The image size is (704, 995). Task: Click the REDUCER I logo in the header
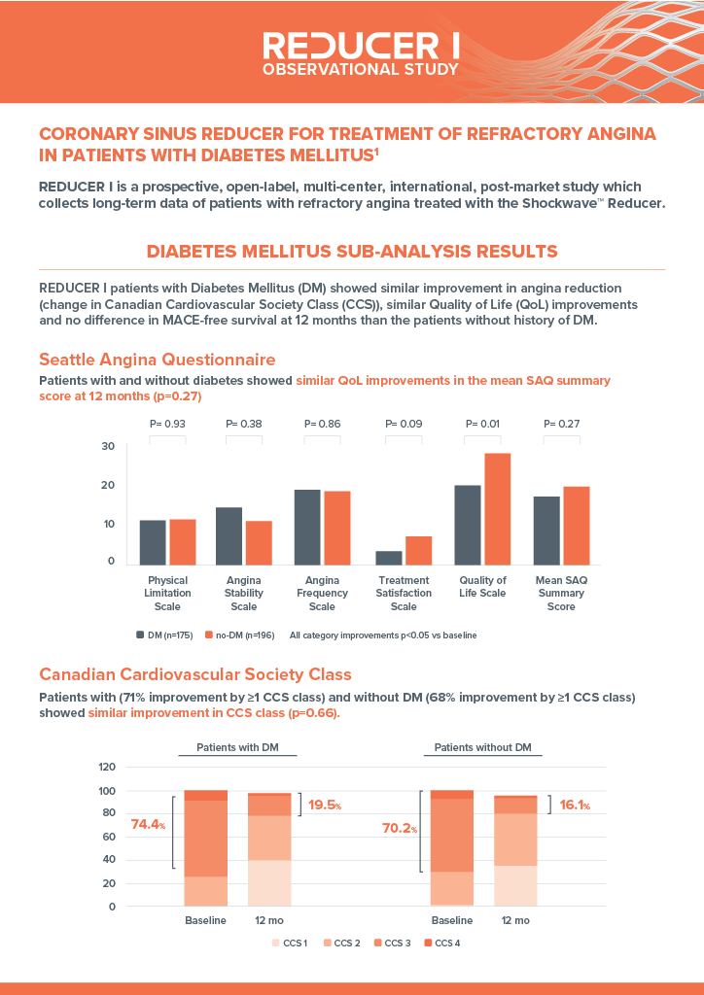point(361,53)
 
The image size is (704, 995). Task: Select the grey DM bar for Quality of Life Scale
point(468,525)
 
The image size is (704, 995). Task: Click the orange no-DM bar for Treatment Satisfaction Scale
point(418,551)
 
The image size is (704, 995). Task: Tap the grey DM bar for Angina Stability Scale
point(229,536)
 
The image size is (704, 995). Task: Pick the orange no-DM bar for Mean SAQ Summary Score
point(577,526)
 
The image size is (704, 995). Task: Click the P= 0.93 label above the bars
point(167,424)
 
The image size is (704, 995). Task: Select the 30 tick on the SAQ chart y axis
point(108,446)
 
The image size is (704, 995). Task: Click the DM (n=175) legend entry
point(164,635)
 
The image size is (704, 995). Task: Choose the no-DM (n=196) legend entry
point(240,635)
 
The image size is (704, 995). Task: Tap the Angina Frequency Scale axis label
point(322,594)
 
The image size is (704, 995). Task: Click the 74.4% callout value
point(148,825)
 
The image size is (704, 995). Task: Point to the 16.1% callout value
point(575,806)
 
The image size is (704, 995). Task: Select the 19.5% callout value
point(325,806)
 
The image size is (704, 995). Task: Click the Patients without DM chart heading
point(482,747)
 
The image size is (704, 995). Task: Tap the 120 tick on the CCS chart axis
point(107,768)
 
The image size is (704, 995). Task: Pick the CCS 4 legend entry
point(441,943)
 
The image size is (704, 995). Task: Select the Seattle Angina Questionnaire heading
point(158,360)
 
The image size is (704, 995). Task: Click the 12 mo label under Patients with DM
point(269,920)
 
